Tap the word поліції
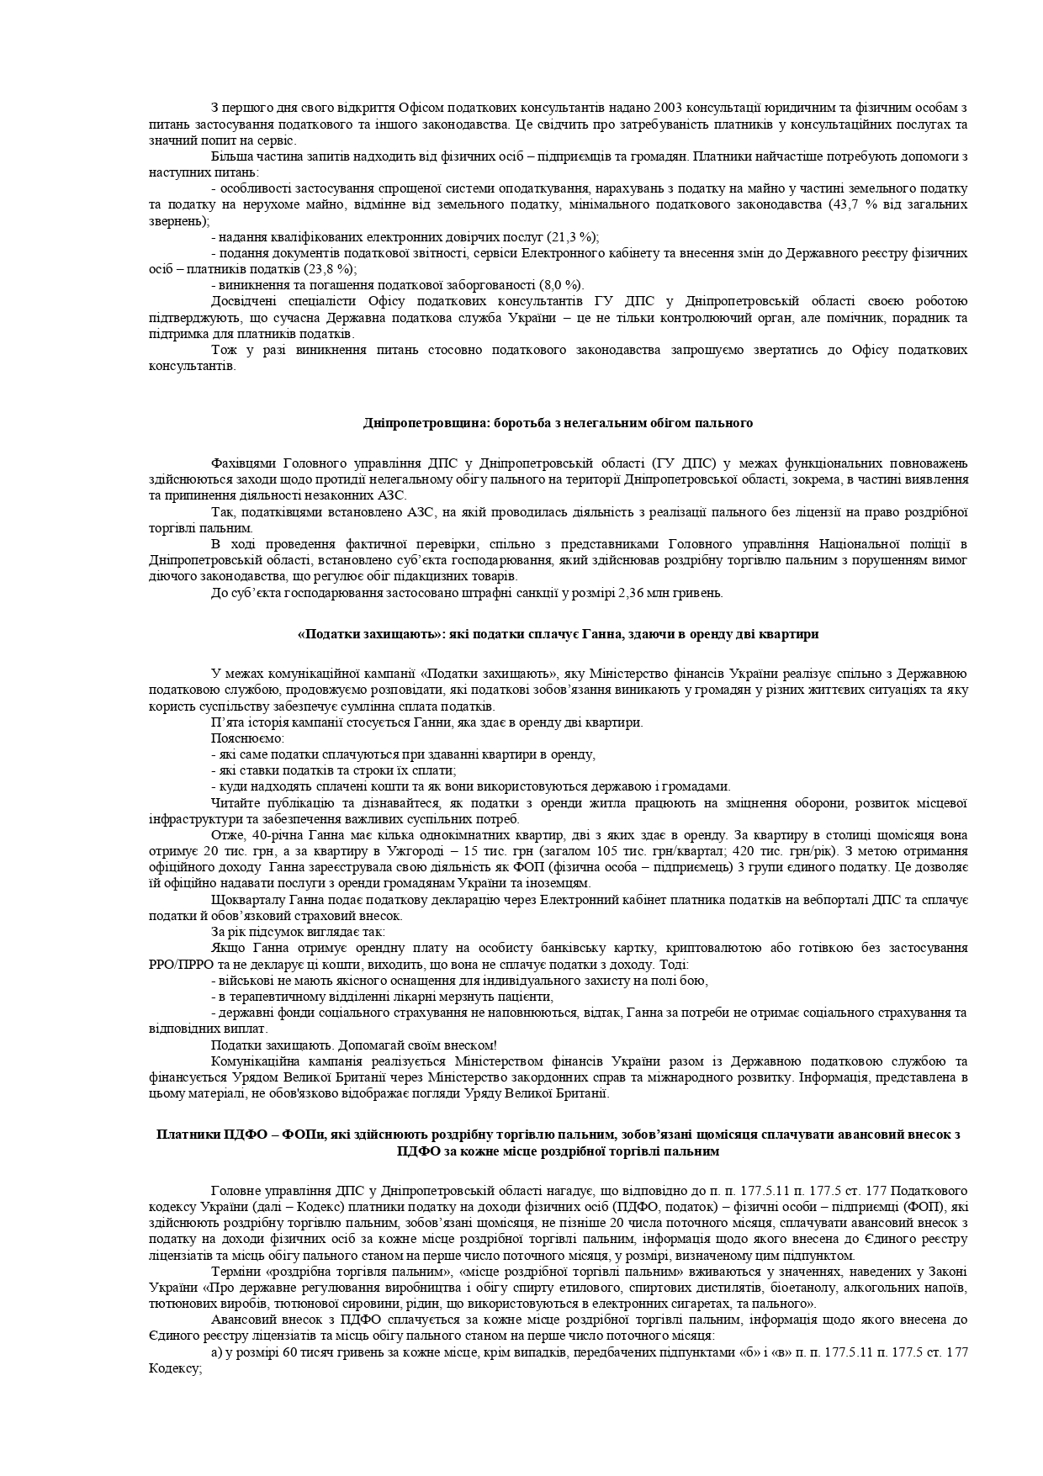920,544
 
